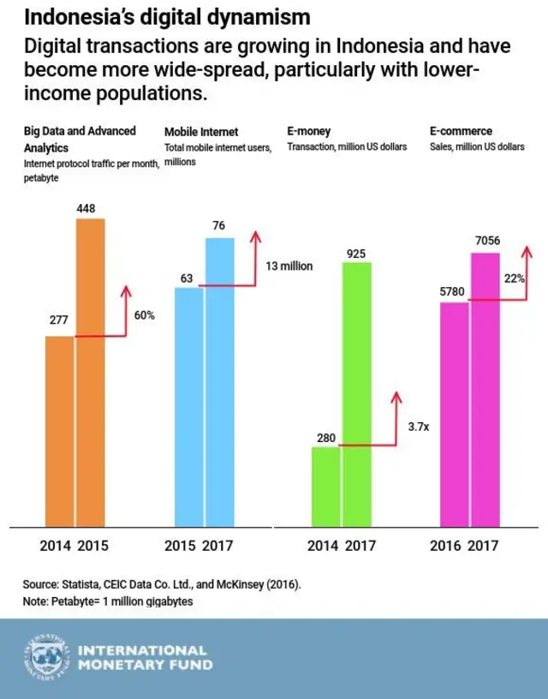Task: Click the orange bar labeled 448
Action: pos(91,373)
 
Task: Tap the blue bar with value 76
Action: pos(220,382)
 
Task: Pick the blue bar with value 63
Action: pos(189,407)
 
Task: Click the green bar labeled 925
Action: pos(356,394)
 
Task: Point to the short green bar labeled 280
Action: pos(325,487)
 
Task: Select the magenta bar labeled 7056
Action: pos(485,390)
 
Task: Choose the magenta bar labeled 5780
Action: pos(455,415)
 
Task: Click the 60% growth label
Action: pos(145,315)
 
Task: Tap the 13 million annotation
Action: pos(289,266)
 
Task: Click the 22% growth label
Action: pos(515,278)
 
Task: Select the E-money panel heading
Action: pos(309,132)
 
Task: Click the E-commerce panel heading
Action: pos(461,132)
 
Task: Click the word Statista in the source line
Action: pos(81,583)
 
